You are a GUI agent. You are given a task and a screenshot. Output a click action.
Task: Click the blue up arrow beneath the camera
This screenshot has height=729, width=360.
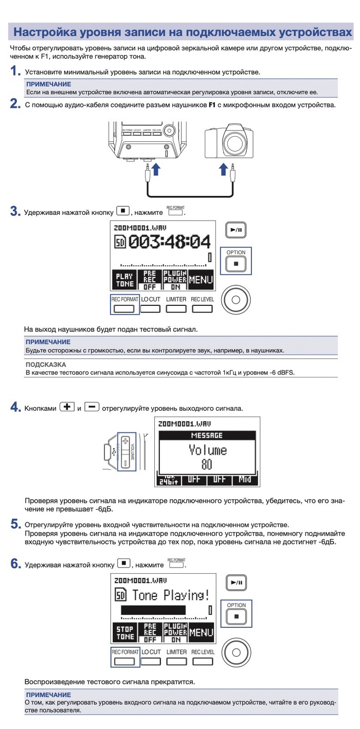coord(223,170)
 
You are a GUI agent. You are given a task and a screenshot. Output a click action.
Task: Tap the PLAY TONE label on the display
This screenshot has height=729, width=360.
coord(123,280)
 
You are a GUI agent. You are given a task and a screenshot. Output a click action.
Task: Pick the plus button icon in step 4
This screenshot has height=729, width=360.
coord(67,407)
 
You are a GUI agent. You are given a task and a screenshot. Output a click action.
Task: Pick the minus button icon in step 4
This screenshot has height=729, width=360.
coord(92,407)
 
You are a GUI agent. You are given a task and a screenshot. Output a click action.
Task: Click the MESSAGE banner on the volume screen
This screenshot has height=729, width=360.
coord(207,435)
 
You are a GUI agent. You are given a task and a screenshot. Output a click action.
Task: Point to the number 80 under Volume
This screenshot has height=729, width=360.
coord(207,466)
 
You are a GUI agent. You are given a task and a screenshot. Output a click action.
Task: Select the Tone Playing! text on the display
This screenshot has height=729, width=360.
coord(170,595)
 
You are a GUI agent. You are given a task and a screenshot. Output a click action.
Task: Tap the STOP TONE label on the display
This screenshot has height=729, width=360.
coord(124,632)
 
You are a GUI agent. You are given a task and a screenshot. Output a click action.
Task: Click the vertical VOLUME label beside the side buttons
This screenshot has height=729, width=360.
coord(132,451)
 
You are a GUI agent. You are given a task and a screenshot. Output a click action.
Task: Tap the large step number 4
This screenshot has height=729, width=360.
coord(15,408)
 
